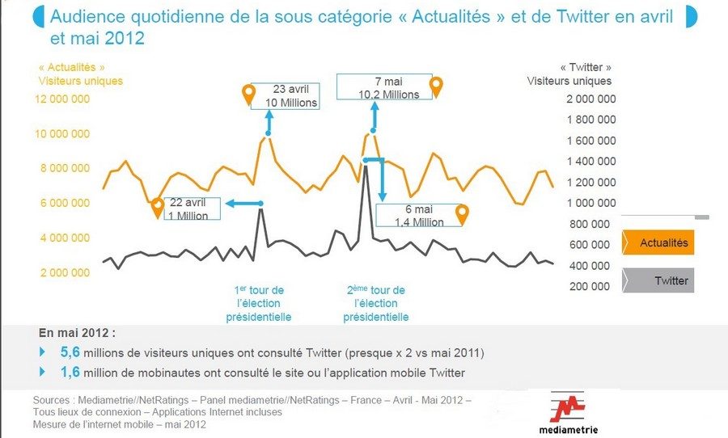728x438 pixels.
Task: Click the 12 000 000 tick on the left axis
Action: coord(61,99)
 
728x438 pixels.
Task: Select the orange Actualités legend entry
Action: coord(658,242)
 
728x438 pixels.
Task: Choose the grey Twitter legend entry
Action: coord(658,280)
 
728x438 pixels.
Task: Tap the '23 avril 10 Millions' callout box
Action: coord(285,96)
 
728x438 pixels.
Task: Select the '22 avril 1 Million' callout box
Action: coord(193,209)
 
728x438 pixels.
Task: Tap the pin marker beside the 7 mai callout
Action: coord(437,86)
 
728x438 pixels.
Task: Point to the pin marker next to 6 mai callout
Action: coord(462,214)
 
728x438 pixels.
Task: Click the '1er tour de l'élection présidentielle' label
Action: coord(260,303)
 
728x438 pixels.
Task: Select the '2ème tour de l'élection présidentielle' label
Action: coord(376,303)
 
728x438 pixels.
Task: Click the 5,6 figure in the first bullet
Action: coord(70,353)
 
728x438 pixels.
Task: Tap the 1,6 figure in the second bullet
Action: coord(70,372)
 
